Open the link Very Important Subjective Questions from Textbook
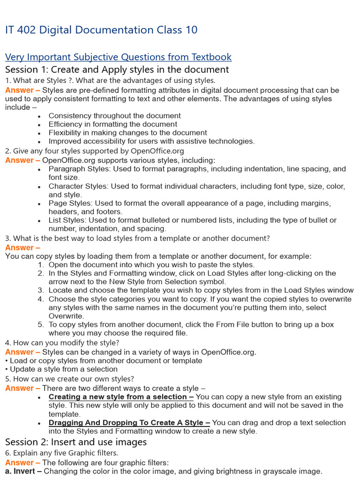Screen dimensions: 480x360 point(118,57)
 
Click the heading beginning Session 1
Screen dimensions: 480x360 point(117,70)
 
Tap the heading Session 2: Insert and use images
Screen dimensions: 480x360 point(76,442)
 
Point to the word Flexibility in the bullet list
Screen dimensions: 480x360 point(65,133)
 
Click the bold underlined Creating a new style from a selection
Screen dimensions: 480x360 point(118,397)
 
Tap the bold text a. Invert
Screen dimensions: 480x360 point(21,471)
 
